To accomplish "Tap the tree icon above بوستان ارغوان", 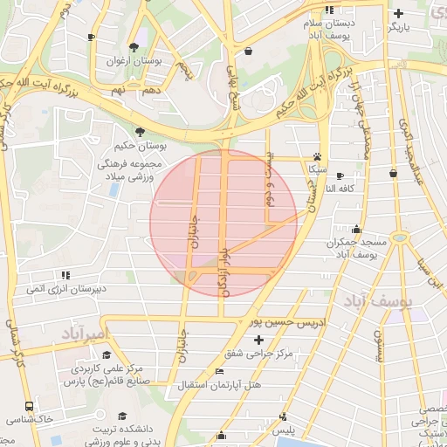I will [x=133, y=47].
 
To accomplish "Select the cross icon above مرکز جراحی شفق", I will [x=258, y=339].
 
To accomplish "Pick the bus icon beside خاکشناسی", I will [x=29, y=407].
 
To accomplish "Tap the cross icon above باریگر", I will [x=399, y=13].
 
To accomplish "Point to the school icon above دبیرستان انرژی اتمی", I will [x=66, y=274].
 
